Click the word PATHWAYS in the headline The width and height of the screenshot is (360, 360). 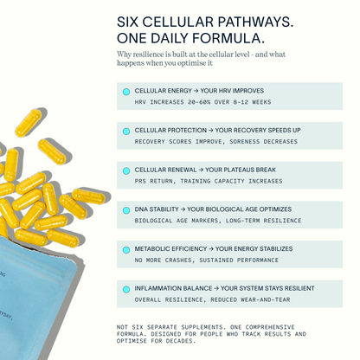pos(255,22)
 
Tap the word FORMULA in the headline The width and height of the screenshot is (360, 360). pos(228,38)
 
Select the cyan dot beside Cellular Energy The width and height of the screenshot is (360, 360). pos(126,92)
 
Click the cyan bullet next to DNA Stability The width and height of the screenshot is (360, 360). pos(126,210)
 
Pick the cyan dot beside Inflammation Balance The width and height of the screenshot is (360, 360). pos(126,289)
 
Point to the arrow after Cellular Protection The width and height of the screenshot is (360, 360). pos(211,131)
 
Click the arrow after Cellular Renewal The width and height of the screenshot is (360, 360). pos(201,170)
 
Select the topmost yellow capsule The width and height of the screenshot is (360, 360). pos(29,122)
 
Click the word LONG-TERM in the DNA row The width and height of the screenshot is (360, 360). pos(243,221)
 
